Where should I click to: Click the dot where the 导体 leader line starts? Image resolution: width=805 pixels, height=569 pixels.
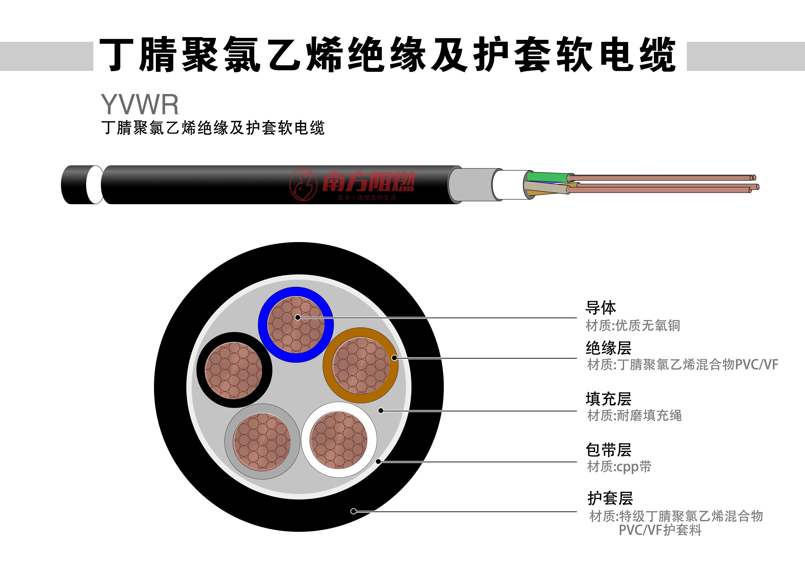(x=298, y=317)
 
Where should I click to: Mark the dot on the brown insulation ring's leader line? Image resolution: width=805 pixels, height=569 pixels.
(x=394, y=358)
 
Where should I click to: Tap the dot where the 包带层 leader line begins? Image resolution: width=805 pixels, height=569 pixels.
(x=378, y=461)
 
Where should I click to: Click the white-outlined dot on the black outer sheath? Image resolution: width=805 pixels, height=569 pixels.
(x=353, y=511)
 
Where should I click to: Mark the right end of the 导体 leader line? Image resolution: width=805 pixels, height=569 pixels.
(x=577, y=318)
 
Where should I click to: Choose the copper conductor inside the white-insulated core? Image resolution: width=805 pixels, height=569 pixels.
(x=339, y=440)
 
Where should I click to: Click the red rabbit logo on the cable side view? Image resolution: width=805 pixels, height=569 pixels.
(x=303, y=185)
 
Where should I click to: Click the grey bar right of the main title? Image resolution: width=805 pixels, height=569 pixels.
(x=745, y=56)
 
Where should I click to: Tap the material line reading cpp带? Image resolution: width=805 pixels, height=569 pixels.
(x=619, y=467)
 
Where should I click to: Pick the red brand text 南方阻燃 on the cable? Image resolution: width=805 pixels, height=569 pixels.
(x=369, y=182)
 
